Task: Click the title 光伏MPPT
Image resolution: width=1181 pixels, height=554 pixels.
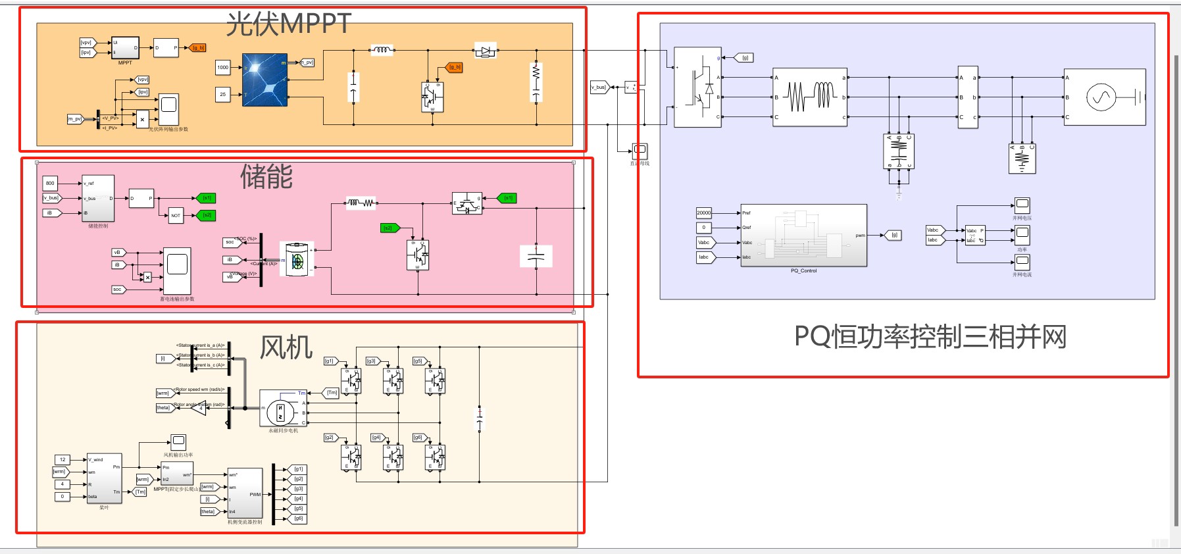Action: click(289, 24)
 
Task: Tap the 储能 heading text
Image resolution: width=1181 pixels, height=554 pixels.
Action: click(266, 176)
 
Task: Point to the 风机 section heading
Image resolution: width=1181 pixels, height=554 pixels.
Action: click(286, 347)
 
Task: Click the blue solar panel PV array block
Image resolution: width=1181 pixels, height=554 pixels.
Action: click(264, 80)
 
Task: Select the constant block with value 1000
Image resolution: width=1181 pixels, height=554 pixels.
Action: click(223, 67)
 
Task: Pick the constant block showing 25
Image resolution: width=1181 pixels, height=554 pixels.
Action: click(223, 94)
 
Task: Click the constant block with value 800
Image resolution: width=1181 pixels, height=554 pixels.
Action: click(50, 183)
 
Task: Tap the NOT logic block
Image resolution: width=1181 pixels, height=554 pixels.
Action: click(176, 215)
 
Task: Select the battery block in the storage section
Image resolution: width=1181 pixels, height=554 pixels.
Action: click(297, 260)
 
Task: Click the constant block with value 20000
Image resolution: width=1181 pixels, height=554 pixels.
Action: click(703, 213)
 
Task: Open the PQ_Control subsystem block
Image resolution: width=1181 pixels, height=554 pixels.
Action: click(803, 235)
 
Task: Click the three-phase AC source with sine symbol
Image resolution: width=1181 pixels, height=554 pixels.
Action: click(1104, 97)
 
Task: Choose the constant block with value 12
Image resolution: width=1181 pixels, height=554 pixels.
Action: click(63, 459)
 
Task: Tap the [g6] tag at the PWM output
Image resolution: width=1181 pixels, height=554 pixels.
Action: click(299, 518)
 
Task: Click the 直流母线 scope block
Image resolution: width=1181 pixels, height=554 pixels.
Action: click(640, 151)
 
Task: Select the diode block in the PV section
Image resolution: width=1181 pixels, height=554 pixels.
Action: click(486, 50)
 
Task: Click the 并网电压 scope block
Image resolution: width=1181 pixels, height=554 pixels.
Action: click(1022, 205)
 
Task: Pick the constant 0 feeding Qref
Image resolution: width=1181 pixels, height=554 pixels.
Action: click(703, 228)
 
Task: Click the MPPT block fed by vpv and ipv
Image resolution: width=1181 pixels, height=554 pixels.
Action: click(125, 48)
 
